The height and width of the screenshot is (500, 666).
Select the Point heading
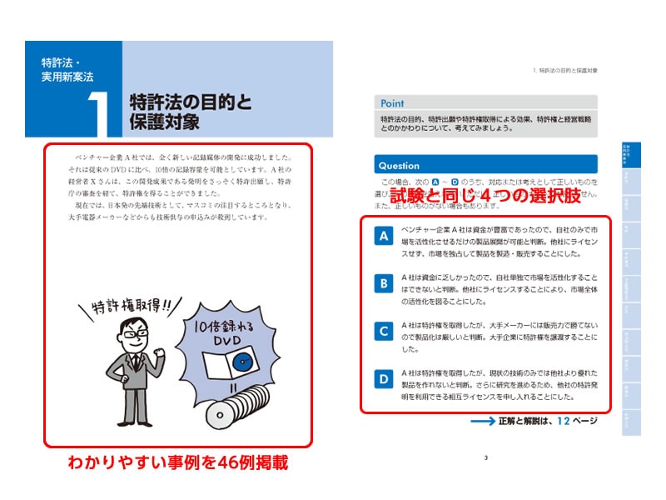point(392,104)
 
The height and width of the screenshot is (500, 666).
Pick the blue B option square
point(384,284)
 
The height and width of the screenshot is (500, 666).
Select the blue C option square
point(384,332)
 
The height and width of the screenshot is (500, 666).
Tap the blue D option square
point(384,379)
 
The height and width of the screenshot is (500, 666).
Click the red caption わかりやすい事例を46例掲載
point(177,463)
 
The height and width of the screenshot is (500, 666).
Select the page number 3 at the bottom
point(485,456)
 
